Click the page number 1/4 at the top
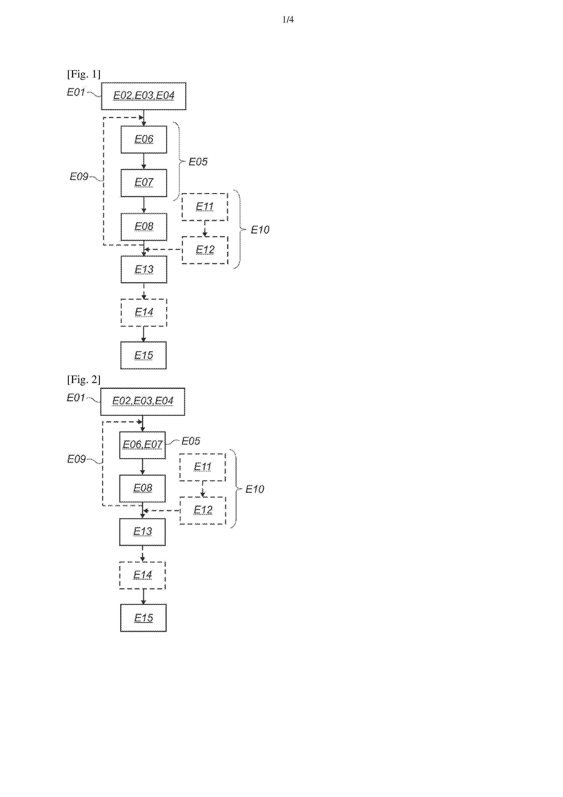pyautogui.click(x=288, y=20)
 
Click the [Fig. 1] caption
pyautogui.click(x=84, y=74)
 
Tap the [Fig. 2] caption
pyautogui.click(x=84, y=379)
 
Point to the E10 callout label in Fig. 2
pyautogui.click(x=255, y=489)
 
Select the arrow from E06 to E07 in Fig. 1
pyautogui.click(x=144, y=161)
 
